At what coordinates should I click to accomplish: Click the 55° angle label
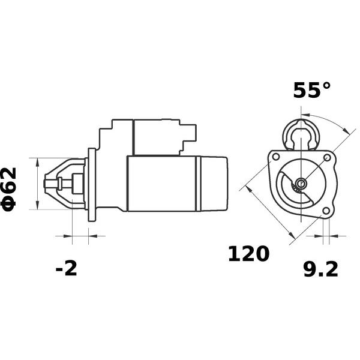pyautogui.click(x=312, y=90)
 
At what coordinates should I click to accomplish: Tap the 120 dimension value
pyautogui.click(x=248, y=254)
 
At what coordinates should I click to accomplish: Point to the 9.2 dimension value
pyautogui.click(x=321, y=269)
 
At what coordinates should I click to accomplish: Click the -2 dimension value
pyautogui.click(x=66, y=268)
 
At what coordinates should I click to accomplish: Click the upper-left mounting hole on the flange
pyautogui.click(x=276, y=157)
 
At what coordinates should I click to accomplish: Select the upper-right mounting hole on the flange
pyautogui.click(x=327, y=157)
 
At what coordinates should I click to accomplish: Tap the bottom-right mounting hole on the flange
pyautogui.click(x=326, y=211)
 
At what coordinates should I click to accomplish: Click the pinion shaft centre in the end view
pyautogui.click(x=301, y=183)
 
